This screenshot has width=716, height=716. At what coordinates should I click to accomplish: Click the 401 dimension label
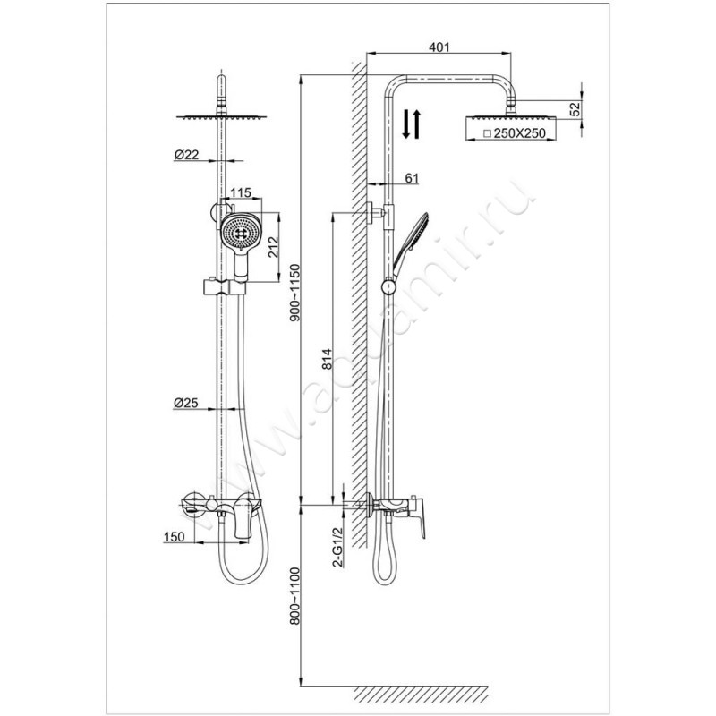pos(439,47)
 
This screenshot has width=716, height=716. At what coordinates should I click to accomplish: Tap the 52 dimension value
pos(575,108)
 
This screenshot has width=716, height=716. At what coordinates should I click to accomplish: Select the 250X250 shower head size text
pos(519,133)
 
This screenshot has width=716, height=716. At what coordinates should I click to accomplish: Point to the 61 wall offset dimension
pos(412,177)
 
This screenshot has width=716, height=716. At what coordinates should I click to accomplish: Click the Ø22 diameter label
pos(186,155)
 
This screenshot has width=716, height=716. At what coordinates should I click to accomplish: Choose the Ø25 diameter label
pos(185,403)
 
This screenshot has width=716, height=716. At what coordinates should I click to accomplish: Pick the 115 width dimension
pos(240,192)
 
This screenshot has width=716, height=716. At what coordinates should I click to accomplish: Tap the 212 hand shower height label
pos(273,247)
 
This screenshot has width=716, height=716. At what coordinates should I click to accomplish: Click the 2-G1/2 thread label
pos(338,548)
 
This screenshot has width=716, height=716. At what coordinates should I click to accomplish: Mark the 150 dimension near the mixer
pos(174,537)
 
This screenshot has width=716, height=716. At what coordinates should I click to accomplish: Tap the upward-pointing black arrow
pos(417,124)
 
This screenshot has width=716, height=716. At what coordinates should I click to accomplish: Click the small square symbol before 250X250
pos(487,133)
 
